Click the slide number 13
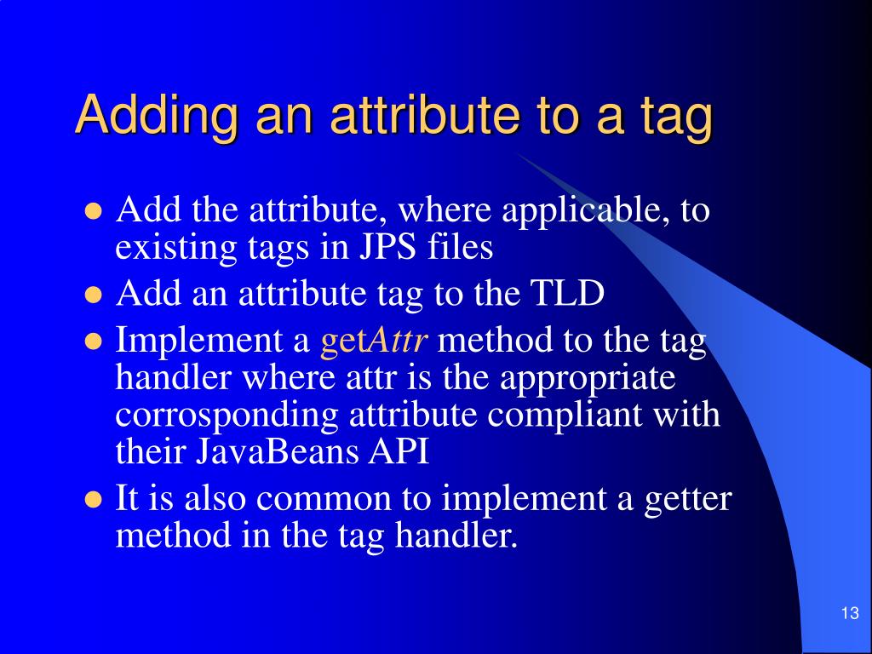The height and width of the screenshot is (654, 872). [x=849, y=614]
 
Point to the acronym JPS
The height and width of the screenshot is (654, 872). [x=389, y=247]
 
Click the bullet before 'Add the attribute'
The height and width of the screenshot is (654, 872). [x=94, y=210]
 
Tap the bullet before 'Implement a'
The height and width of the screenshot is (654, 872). [x=94, y=341]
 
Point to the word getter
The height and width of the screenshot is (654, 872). [x=686, y=499]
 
